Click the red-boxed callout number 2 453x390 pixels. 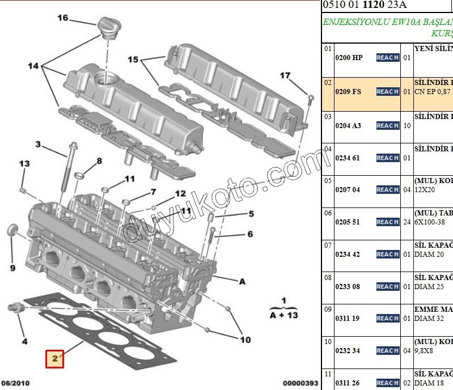coord(54,359)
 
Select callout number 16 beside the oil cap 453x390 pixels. coord(62,18)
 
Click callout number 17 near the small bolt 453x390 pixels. coord(285,75)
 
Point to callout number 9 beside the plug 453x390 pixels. coord(12,267)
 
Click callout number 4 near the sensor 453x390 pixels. coord(24,341)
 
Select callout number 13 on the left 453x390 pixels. coord(24,164)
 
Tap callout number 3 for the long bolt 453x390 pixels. coord(39,145)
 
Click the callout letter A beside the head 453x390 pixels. coord(242,281)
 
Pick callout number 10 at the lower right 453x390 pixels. coord(244,340)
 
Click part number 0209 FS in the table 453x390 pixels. coord(348,91)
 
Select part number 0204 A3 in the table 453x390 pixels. coord(348,125)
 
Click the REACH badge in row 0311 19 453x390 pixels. coord(387,318)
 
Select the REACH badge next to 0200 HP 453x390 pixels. coord(387,57)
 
